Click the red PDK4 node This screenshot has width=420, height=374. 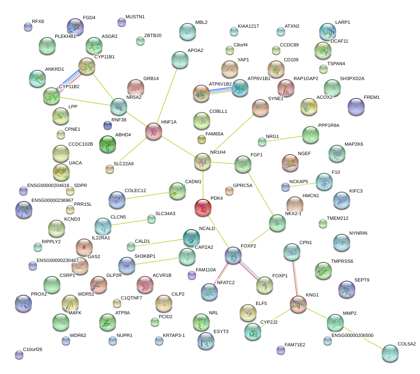[x=203, y=207]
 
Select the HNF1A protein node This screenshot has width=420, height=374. [x=154, y=131]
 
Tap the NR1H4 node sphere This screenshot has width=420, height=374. [x=203, y=161]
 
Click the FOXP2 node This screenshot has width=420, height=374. [x=233, y=255]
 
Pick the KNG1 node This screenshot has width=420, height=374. [x=298, y=303]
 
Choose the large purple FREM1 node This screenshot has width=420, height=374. [x=356, y=106]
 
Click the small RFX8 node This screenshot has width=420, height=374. [x=28, y=27]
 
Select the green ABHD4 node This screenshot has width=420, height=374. [x=108, y=144]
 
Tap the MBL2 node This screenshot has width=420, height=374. [x=187, y=31]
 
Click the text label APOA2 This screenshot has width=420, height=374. [x=195, y=50]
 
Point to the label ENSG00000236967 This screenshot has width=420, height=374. [x=52, y=200]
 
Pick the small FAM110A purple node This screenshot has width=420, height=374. [x=192, y=275]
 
